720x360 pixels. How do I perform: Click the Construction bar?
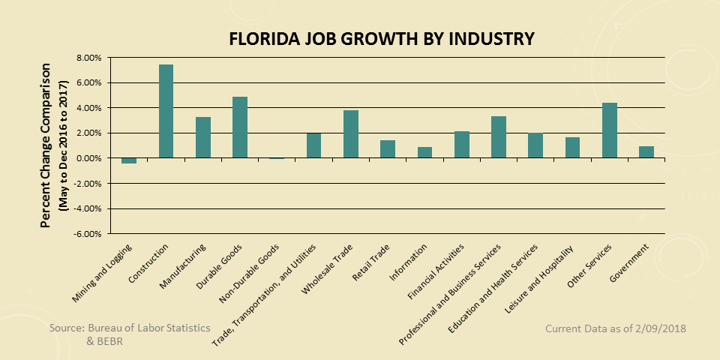pyautogui.click(x=166, y=111)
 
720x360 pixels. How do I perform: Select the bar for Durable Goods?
pyautogui.click(x=239, y=127)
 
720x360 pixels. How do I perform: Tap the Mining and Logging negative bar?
pyautogui.click(x=129, y=160)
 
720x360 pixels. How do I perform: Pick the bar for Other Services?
pyautogui.click(x=609, y=130)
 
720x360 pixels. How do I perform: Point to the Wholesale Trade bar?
pyautogui.click(x=350, y=134)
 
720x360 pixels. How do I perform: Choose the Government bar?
pyautogui.click(x=646, y=152)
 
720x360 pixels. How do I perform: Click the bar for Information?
pyautogui.click(x=424, y=152)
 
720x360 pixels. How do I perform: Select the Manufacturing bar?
pyautogui.click(x=202, y=137)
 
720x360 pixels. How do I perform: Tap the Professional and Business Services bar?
pyautogui.click(x=498, y=137)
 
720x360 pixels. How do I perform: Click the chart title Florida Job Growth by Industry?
pyautogui.click(x=382, y=38)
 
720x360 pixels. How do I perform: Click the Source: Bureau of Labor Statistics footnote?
pyautogui.click(x=130, y=328)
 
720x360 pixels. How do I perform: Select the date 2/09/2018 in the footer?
pyautogui.click(x=660, y=328)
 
